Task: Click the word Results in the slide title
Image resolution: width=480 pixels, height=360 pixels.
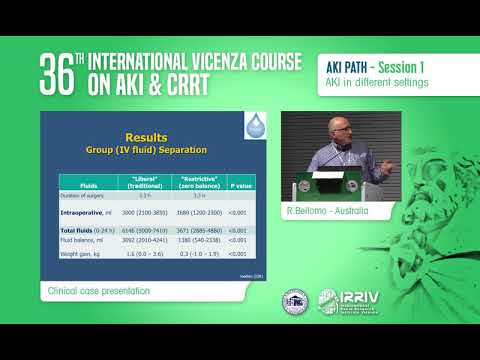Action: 145,136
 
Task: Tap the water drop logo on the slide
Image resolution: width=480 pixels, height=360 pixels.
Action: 257,127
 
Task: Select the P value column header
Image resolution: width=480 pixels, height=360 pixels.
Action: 238,183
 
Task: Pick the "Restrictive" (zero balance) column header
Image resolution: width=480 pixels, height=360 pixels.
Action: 195,183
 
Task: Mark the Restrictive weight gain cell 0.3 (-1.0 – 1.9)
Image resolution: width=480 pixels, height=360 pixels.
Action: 195,254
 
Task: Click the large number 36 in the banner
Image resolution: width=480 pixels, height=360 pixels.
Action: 59,72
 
